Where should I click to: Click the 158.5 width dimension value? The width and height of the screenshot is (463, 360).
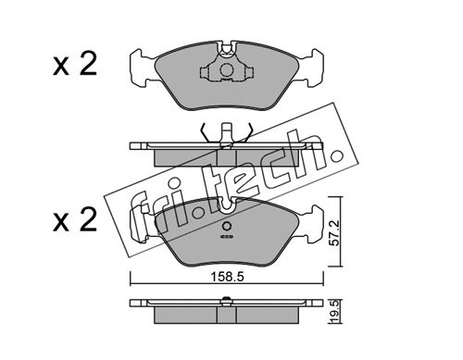pyautogui.click(x=227, y=277)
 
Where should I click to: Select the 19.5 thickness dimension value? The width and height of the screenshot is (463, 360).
pyautogui.click(x=336, y=312)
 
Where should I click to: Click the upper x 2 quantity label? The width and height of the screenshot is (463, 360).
pyautogui.click(x=75, y=65)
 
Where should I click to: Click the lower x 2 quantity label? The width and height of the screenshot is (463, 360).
pyautogui.click(x=75, y=220)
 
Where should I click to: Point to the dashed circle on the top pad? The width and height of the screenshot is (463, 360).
pyautogui.click(x=227, y=69)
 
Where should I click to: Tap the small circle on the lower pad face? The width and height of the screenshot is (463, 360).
pyautogui.click(x=227, y=226)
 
